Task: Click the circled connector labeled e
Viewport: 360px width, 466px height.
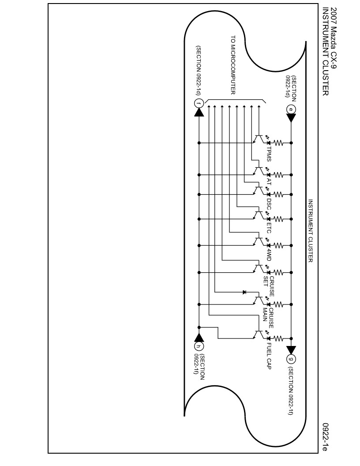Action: tap(291, 109)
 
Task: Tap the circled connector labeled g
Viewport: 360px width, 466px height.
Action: tap(291, 358)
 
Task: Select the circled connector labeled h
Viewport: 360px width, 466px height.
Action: tap(199, 346)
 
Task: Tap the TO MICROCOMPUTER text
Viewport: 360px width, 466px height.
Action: tap(233, 64)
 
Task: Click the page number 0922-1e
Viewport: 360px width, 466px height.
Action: tap(325, 437)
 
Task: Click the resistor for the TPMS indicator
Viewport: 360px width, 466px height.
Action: tap(279, 143)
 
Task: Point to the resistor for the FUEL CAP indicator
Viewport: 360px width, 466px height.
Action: tap(279, 338)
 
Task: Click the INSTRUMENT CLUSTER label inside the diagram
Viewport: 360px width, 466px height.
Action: tap(310, 230)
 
